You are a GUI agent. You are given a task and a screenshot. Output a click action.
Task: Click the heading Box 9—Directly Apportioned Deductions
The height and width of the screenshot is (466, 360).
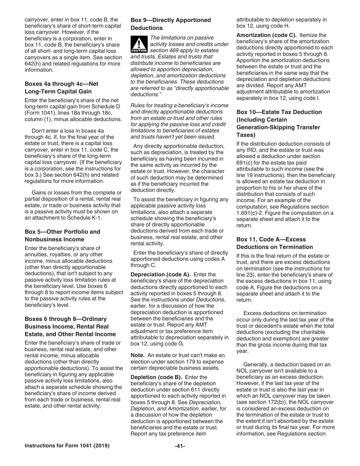(x=171, y=24)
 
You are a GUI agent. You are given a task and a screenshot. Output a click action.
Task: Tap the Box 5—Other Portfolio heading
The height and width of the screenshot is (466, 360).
(x=63, y=235)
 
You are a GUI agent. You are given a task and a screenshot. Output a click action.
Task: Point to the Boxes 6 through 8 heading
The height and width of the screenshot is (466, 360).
(x=70, y=326)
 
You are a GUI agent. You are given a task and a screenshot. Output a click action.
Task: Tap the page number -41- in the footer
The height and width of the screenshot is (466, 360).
(x=180, y=446)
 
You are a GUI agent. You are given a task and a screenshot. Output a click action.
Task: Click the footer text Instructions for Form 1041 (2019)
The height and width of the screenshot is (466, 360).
(x=67, y=446)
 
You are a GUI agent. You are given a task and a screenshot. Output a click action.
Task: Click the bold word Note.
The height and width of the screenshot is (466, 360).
(x=138, y=355)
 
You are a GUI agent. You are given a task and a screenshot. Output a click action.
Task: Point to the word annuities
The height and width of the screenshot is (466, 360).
(x=36, y=254)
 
